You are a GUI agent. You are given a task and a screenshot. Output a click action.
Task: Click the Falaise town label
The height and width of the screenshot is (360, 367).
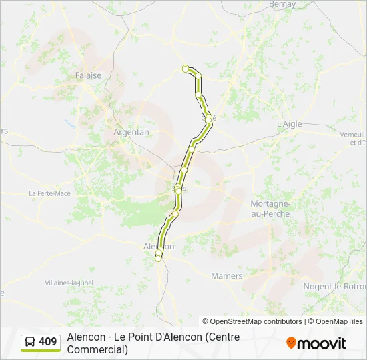pos(89,75)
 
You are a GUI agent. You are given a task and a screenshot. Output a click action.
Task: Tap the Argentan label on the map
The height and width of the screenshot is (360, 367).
pos(131,132)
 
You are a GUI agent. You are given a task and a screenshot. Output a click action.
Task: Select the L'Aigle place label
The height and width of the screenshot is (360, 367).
pos(290,124)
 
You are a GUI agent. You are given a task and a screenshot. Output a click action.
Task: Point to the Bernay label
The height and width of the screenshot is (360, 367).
pos(282,4)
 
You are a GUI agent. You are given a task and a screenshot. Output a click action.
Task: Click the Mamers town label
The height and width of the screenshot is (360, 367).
pos(226,275)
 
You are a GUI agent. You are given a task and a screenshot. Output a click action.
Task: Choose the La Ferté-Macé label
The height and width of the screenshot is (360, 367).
pos(49,193)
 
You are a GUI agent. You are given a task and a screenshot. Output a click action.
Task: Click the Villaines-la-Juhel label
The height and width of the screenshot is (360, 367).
pos(69,283)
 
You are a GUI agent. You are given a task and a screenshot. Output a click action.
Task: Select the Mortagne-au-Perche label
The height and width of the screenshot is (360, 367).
pos(269,207)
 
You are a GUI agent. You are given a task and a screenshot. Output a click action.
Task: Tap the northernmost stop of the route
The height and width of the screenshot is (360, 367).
pos(186,67)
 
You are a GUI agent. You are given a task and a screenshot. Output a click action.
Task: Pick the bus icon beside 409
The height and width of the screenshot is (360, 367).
pos(29,342)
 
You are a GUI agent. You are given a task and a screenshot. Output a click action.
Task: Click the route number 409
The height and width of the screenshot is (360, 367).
pos(48,342)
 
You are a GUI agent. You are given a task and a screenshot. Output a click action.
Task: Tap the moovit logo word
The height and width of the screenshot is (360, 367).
pos(322,343)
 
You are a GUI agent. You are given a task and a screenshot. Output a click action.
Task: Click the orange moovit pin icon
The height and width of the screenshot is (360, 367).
pos(291,343)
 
